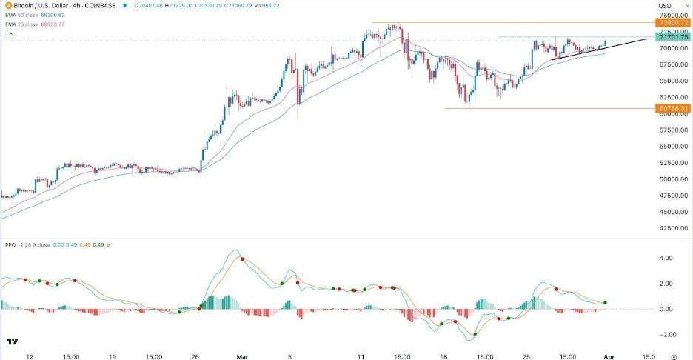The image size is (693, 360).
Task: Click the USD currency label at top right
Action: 664,7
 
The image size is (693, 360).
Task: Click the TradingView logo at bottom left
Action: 12,341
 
